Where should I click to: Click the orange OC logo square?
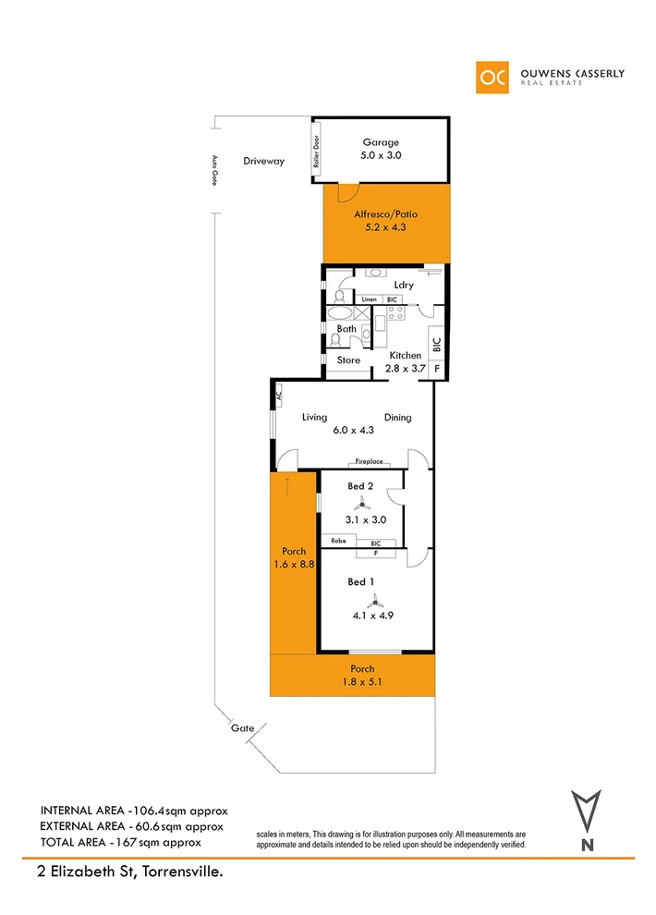click(492, 77)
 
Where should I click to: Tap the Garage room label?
click(380, 142)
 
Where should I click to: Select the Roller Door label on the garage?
click(316, 152)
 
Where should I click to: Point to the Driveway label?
click(264, 161)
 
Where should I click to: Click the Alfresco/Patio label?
click(380, 214)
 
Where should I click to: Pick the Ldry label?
click(403, 285)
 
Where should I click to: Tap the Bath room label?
click(346, 328)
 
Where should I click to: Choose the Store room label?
click(348, 360)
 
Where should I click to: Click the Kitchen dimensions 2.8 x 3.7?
click(405, 368)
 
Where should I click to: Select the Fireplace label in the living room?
click(367, 461)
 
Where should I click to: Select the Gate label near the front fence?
click(243, 728)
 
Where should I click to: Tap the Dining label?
click(398, 418)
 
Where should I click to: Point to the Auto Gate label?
click(214, 170)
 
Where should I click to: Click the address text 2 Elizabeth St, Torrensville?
click(125, 872)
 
